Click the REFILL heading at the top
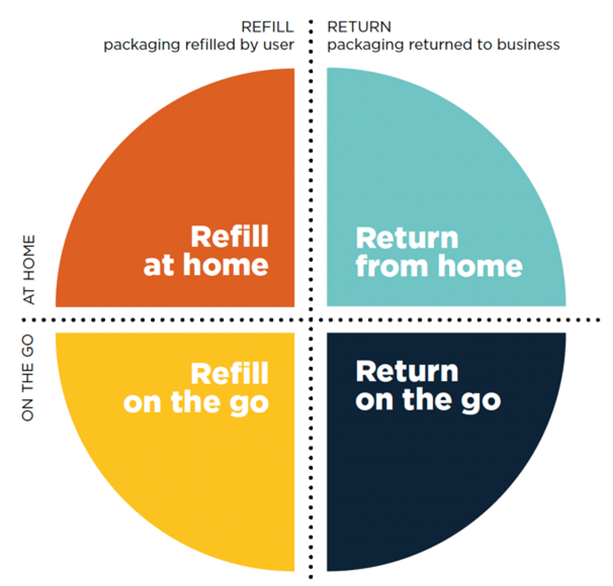click(x=267, y=27)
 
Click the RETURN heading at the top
click(x=359, y=27)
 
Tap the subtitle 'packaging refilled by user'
click(x=198, y=45)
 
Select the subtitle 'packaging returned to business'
click(x=443, y=45)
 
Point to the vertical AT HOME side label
click(x=29, y=269)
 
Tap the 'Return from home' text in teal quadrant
click(x=439, y=252)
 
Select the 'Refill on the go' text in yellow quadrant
click(x=196, y=388)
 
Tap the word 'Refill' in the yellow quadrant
click(x=229, y=373)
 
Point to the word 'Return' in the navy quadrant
click(x=407, y=371)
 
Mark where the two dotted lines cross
click(x=311, y=319)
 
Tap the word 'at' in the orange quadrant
click(x=158, y=266)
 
